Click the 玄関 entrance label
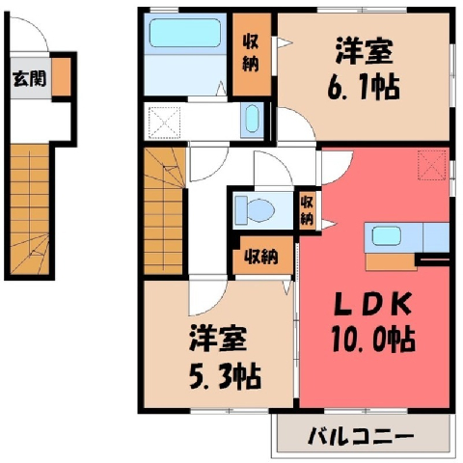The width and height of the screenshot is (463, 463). [30, 79]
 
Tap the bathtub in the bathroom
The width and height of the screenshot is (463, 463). [185, 33]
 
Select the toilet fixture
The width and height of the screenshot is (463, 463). [255, 210]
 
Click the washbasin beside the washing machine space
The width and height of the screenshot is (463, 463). [252, 120]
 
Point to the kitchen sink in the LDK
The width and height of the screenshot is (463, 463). [387, 236]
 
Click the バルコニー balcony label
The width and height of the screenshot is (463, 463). [361, 436]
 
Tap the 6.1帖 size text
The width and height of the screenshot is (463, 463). [364, 87]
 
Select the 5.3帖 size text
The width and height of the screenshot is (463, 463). [225, 376]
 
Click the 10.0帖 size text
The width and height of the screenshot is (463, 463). [373, 340]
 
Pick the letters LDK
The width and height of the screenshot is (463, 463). [373, 304]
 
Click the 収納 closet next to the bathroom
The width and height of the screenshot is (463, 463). [252, 54]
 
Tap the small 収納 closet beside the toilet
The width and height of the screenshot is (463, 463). [307, 211]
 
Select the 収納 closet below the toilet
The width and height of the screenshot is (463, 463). [262, 256]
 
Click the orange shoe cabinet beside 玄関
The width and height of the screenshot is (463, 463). [61, 76]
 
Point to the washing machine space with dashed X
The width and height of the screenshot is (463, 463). [164, 123]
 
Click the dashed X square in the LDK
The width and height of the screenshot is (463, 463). [432, 165]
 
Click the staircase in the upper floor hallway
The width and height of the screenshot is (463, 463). [164, 210]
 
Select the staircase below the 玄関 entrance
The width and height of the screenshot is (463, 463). [30, 209]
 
